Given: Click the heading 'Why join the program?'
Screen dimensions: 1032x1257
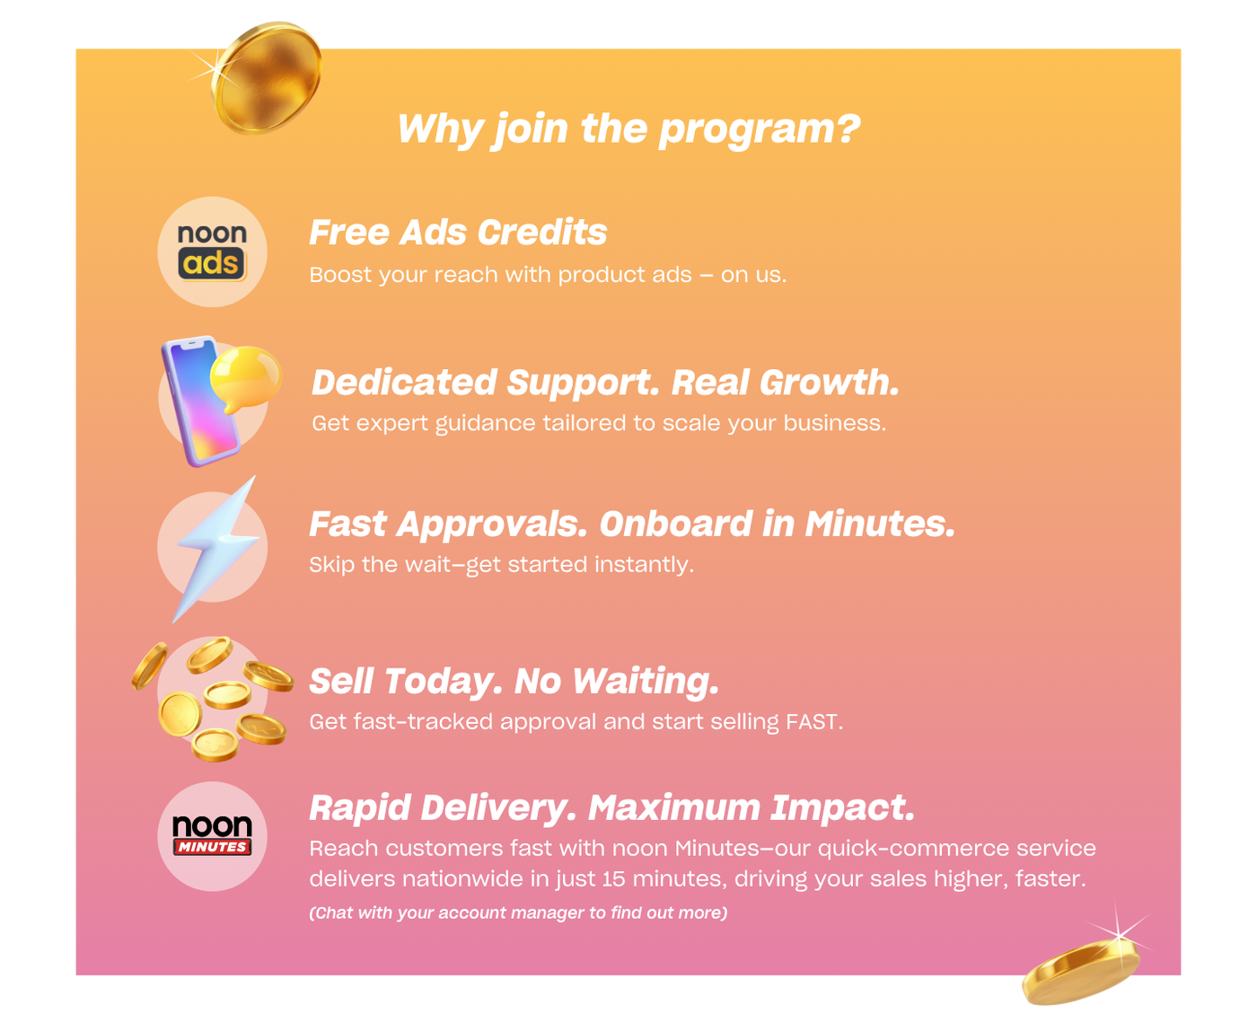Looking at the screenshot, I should pos(628,129).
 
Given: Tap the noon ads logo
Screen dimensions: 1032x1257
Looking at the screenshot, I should pos(212,251).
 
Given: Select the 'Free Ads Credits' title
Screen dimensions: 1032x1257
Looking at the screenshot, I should pos(458,233).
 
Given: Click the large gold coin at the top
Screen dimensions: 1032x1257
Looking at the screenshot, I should pos(267,77).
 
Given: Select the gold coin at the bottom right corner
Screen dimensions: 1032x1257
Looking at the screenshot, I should pos(1080,973).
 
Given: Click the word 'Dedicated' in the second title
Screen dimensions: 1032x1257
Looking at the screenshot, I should pos(403,383).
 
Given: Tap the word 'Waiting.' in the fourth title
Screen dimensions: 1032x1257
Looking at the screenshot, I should pos(646,682).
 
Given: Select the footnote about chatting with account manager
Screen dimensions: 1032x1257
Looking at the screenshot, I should pos(518,913).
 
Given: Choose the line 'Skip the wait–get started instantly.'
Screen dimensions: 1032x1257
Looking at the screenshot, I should pos(501,565).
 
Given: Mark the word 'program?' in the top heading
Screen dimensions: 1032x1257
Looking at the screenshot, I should pos(760,129).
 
